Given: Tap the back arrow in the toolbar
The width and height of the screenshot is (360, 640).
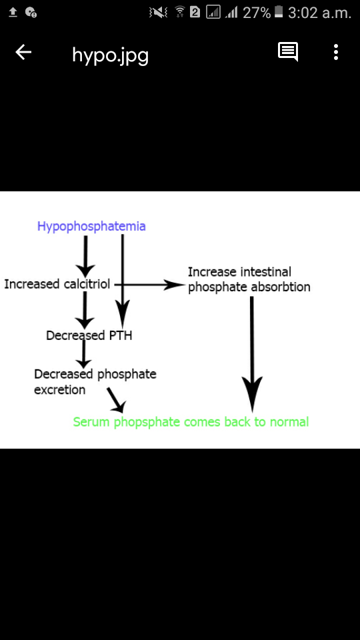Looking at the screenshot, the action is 23,52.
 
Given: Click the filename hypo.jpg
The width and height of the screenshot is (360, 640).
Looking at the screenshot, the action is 110,55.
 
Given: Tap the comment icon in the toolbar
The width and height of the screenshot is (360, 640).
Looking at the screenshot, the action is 288,52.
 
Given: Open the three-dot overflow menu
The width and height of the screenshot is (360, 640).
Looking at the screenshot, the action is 336,52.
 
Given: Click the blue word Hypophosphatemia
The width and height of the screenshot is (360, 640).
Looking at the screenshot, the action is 91,227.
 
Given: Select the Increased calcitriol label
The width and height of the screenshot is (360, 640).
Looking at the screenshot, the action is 57,284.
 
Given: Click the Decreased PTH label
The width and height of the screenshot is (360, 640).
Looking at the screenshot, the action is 89,335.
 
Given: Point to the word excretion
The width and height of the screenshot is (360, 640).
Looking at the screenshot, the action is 59,390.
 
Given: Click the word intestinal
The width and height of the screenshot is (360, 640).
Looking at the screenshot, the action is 266,272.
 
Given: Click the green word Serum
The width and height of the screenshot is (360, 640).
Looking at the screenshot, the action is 91,421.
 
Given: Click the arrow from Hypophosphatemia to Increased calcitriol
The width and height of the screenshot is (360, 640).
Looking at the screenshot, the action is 85,256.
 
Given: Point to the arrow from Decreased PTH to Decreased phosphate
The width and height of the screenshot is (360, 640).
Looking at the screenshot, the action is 84,353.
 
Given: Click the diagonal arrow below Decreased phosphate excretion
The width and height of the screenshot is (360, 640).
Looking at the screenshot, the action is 117,400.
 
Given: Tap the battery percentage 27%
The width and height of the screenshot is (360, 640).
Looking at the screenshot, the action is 257,13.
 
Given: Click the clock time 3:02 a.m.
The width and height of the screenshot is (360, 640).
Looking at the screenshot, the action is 319,13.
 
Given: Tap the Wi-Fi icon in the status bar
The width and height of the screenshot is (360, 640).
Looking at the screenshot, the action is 179,12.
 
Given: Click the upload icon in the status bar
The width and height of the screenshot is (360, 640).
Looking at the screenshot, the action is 13,13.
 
